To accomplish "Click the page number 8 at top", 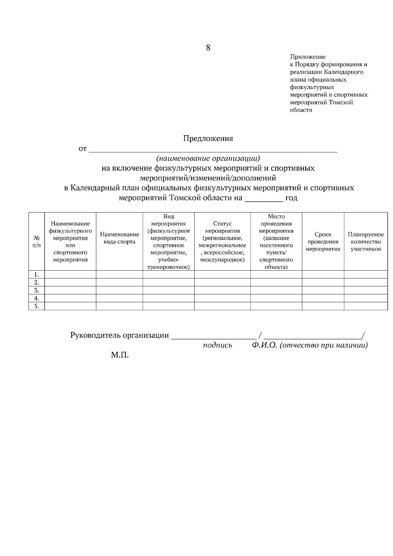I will click(208, 48).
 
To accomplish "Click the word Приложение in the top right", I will click(308, 57).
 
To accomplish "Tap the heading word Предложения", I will click(208, 139).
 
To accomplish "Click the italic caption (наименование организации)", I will click(208, 158).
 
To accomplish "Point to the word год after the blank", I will click(291, 198).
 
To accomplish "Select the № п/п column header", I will click(37, 242).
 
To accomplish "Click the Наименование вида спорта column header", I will click(119, 238).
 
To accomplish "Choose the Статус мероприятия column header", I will click(222, 242).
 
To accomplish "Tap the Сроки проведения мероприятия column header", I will click(323, 242).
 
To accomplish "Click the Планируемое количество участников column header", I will click(365, 242).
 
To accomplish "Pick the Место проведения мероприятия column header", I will click(276, 242).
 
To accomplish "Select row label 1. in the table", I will click(37, 274).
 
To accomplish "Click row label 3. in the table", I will click(37, 290).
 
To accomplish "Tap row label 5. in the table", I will click(37, 306).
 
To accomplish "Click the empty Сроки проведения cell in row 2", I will click(323, 282).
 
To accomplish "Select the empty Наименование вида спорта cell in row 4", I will click(119, 298).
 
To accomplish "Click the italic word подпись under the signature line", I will click(217, 345).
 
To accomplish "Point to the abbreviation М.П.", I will click(120, 355).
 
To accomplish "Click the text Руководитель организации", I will click(120, 336).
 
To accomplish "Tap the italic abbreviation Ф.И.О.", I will click(265, 345).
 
